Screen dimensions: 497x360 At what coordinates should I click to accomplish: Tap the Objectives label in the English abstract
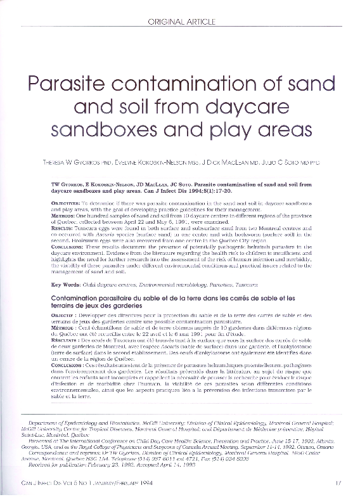[65, 201]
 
